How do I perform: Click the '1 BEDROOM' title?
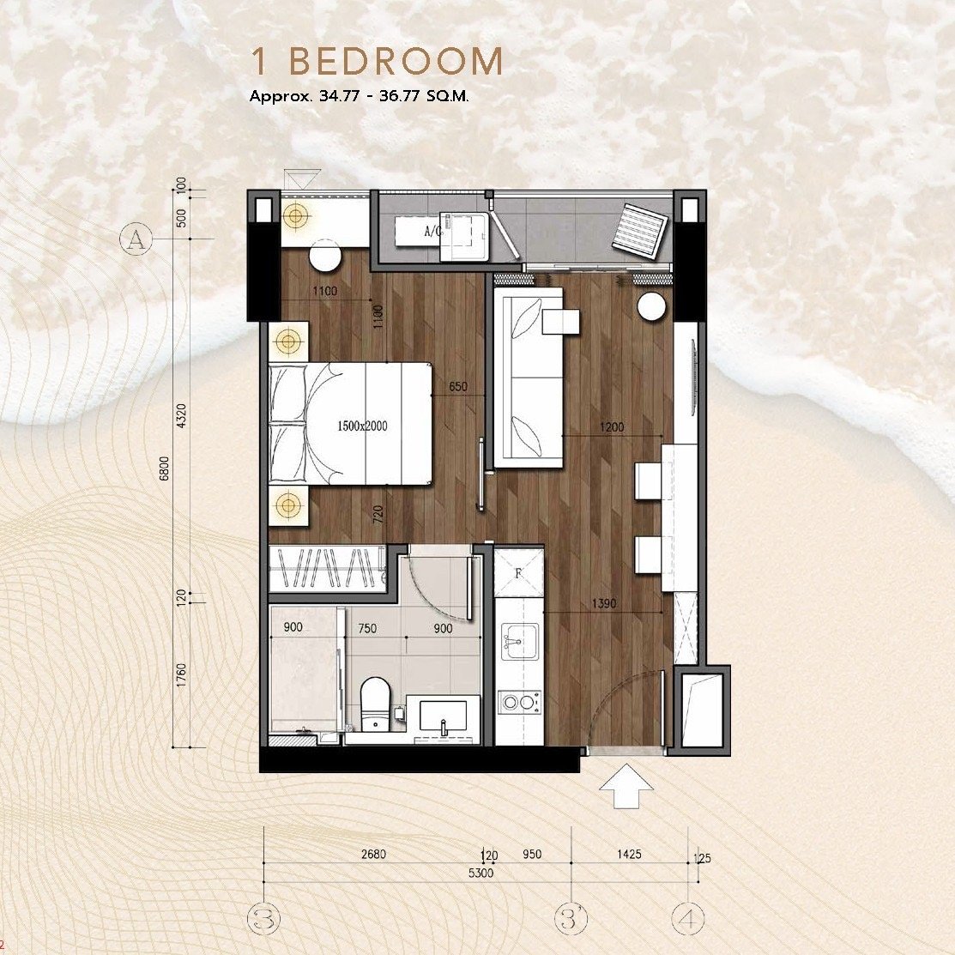[378, 61]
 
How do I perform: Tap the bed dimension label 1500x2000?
[362, 426]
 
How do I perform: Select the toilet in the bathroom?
[375, 704]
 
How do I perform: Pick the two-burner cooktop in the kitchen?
[519, 702]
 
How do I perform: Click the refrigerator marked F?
[519, 572]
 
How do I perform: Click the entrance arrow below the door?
[626, 786]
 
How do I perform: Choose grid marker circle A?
[136, 239]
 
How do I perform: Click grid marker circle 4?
[688, 918]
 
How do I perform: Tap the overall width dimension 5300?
[481, 873]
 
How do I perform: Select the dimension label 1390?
[603, 603]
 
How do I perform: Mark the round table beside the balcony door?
[651, 305]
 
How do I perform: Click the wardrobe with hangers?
[327, 568]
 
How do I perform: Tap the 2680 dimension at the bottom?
[373, 854]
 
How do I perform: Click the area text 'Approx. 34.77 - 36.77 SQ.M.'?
[360, 96]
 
